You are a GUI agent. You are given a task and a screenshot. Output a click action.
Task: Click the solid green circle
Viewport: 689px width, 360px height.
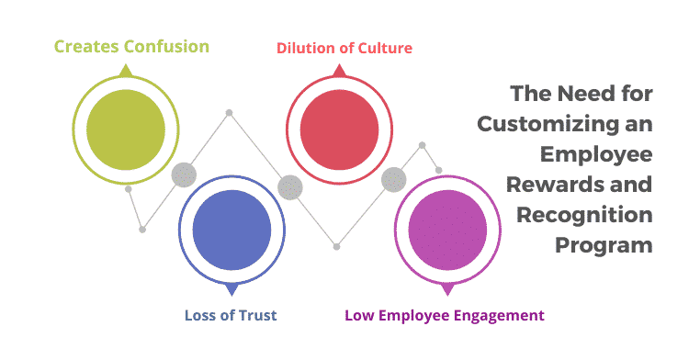(x=125, y=123)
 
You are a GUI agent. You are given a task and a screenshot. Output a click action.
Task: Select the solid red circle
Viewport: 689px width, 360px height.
(x=339, y=123)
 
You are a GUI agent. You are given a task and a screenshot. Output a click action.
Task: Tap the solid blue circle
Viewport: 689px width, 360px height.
(x=232, y=225)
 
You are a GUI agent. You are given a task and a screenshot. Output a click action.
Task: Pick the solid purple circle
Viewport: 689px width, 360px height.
(x=446, y=225)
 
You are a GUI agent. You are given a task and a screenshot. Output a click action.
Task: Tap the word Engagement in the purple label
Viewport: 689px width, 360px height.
(x=497, y=316)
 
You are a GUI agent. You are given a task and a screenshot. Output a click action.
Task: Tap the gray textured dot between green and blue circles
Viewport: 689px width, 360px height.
(x=184, y=174)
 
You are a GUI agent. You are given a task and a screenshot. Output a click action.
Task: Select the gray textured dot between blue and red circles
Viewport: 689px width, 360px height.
(x=290, y=187)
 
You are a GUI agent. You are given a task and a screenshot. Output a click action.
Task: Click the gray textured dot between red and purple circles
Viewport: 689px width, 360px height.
(x=394, y=179)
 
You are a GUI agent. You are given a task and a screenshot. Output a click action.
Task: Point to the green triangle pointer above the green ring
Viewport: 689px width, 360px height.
(x=125, y=68)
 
